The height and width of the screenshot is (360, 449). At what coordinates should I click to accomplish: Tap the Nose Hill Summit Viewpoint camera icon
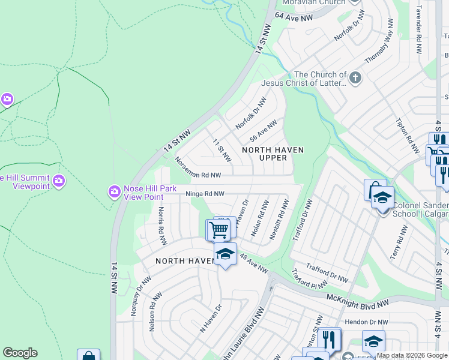[x=58, y=181]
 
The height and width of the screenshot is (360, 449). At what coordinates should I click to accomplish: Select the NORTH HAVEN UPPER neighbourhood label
[x=273, y=154]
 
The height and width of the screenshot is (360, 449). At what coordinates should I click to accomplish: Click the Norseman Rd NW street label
[x=198, y=169]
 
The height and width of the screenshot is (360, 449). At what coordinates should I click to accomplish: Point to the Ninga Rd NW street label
[x=205, y=194]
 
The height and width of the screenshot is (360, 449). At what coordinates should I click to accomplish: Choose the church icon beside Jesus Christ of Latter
[x=355, y=77]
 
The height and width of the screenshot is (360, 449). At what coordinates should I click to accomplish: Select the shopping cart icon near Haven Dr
[x=218, y=229]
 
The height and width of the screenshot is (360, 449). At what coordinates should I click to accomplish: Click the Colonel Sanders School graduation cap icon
[x=382, y=196]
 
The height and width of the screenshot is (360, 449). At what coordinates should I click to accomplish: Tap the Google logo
[x=20, y=353]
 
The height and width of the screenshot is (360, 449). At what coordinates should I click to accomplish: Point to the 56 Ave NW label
[x=263, y=131]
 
